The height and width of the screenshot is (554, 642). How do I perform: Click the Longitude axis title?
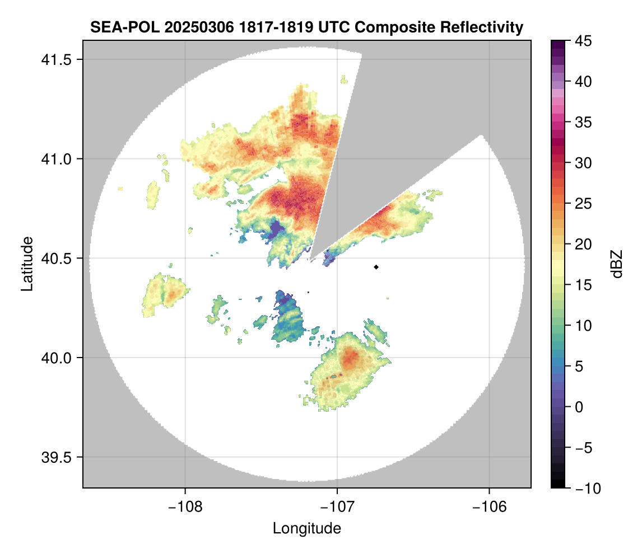pos(307,528)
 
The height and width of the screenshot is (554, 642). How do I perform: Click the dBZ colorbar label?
pos(617,264)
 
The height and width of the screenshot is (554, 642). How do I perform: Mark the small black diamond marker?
pos(376,267)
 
